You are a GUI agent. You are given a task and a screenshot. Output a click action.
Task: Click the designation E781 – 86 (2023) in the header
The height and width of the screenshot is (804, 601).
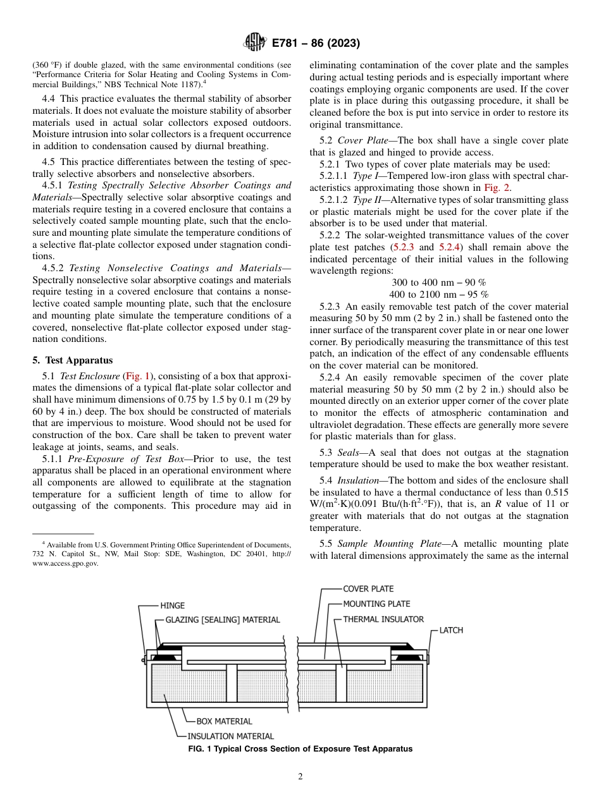pos(316,44)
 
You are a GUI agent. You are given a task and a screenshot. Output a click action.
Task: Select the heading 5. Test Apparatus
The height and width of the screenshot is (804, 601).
pos(73,360)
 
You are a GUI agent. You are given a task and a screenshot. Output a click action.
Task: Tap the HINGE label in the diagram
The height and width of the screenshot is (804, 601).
pos(172,606)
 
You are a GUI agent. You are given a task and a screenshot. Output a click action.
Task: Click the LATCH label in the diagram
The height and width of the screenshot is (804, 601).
pos(451,630)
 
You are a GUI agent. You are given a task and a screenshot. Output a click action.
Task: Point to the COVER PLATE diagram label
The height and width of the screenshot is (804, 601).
pos(368,589)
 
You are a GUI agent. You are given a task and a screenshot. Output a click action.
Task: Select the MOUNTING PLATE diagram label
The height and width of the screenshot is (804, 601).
pos(376,604)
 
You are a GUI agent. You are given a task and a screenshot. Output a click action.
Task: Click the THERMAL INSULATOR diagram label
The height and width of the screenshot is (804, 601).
pos(383,619)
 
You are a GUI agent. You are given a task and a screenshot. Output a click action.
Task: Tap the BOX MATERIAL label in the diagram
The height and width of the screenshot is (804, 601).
pos(224,721)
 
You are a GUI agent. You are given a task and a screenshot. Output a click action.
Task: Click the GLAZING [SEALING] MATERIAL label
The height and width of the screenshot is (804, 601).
pos(222,620)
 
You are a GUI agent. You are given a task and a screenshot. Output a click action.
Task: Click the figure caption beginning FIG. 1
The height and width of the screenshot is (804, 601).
pos(300,749)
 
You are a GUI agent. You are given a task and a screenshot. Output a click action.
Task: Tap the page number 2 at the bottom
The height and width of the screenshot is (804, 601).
pos(300,777)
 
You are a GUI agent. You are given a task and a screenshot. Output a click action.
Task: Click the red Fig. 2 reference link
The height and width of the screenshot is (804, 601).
pos(499,188)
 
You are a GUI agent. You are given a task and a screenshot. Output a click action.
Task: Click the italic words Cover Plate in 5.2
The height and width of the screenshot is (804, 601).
pos(361,140)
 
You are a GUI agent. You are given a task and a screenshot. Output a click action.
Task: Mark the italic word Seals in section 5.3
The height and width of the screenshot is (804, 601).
pos(351,453)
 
